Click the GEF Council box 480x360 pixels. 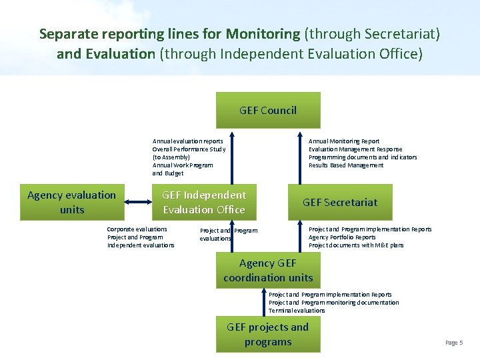pyautogui.click(x=268, y=110)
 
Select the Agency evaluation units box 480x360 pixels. pyautogui.click(x=71, y=202)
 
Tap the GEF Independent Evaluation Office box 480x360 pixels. pyautogui.click(x=204, y=202)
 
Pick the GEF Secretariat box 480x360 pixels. pyautogui.click(x=340, y=202)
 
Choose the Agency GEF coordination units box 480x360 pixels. pyautogui.click(x=268, y=270)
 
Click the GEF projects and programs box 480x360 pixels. pyautogui.click(x=268, y=334)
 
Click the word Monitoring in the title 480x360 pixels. pyautogui.click(x=263, y=33)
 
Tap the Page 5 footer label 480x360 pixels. pyautogui.click(x=453, y=343)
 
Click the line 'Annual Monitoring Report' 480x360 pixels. pyautogui.click(x=344, y=141)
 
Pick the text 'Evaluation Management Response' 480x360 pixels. pyautogui.click(x=355, y=149)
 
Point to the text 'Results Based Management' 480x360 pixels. pyautogui.click(x=346, y=165)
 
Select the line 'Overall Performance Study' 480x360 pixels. pyautogui.click(x=189, y=149)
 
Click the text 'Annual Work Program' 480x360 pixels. pyautogui.click(x=183, y=165)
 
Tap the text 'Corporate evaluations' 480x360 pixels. pyautogui.click(x=137, y=229)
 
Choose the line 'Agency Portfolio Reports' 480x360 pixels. pyautogui.click(x=342, y=237)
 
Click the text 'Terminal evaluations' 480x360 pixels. pyautogui.click(x=297, y=311)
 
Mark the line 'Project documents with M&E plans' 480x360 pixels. pyautogui.click(x=356, y=245)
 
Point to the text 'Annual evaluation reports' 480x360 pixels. pyautogui.click(x=188, y=141)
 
